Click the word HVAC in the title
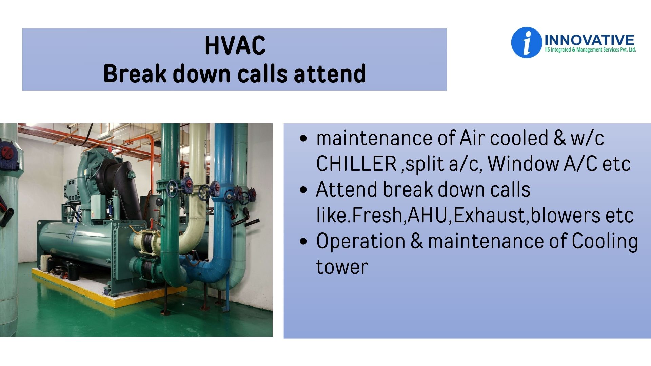point(235,45)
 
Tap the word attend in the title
point(330,74)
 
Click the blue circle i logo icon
point(526,43)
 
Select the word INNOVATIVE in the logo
point(589,40)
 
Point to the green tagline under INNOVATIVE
point(590,50)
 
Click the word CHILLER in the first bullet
point(356,164)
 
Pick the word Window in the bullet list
point(524,164)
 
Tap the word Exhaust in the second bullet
point(490,215)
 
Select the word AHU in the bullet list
point(428,215)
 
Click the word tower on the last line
point(342,267)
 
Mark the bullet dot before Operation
point(303,242)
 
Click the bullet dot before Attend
point(303,190)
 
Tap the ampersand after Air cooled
point(560,138)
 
